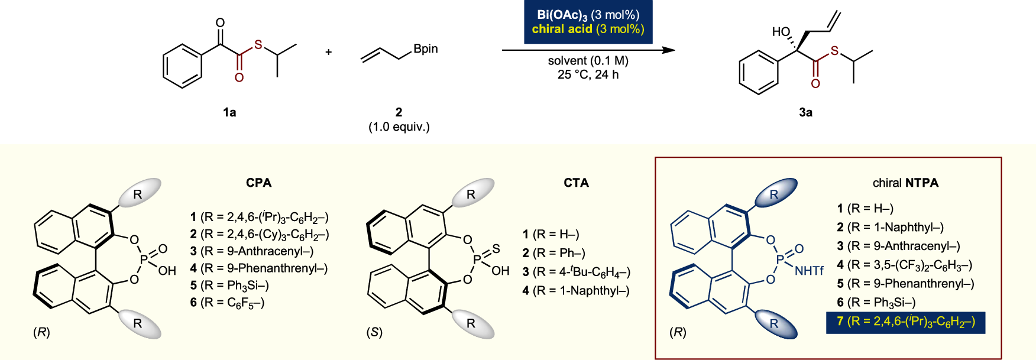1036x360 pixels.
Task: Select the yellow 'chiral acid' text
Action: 562,30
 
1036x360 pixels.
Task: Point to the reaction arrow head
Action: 669,50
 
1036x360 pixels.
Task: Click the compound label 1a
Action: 229,112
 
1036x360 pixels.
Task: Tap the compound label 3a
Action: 805,112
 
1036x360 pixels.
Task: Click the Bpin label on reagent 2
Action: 426,49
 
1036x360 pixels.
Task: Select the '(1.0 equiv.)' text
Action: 399,127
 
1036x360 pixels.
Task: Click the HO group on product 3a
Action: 781,32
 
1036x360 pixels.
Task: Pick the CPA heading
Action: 259,183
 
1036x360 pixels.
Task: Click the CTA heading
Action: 576,183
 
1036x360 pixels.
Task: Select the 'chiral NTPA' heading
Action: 905,183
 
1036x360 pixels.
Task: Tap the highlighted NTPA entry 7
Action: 905,322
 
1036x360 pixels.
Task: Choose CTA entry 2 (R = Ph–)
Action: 553,253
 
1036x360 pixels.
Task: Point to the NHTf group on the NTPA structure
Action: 809,271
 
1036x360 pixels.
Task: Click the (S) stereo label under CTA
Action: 374,332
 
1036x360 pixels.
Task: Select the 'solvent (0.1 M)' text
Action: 588,61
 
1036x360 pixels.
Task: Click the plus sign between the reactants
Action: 329,52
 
